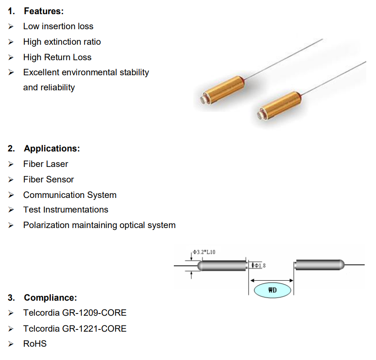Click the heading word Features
click(44, 11)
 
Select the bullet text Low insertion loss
click(58, 26)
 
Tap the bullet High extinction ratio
click(62, 42)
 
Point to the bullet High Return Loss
click(57, 57)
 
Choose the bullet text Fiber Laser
click(46, 164)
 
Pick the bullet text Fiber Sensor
click(48, 179)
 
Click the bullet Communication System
click(69, 195)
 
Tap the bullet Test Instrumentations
click(65, 209)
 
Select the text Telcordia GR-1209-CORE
click(75, 313)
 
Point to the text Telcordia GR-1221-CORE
click(75, 329)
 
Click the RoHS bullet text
click(35, 344)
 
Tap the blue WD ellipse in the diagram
click(272, 290)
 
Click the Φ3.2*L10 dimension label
click(204, 252)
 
